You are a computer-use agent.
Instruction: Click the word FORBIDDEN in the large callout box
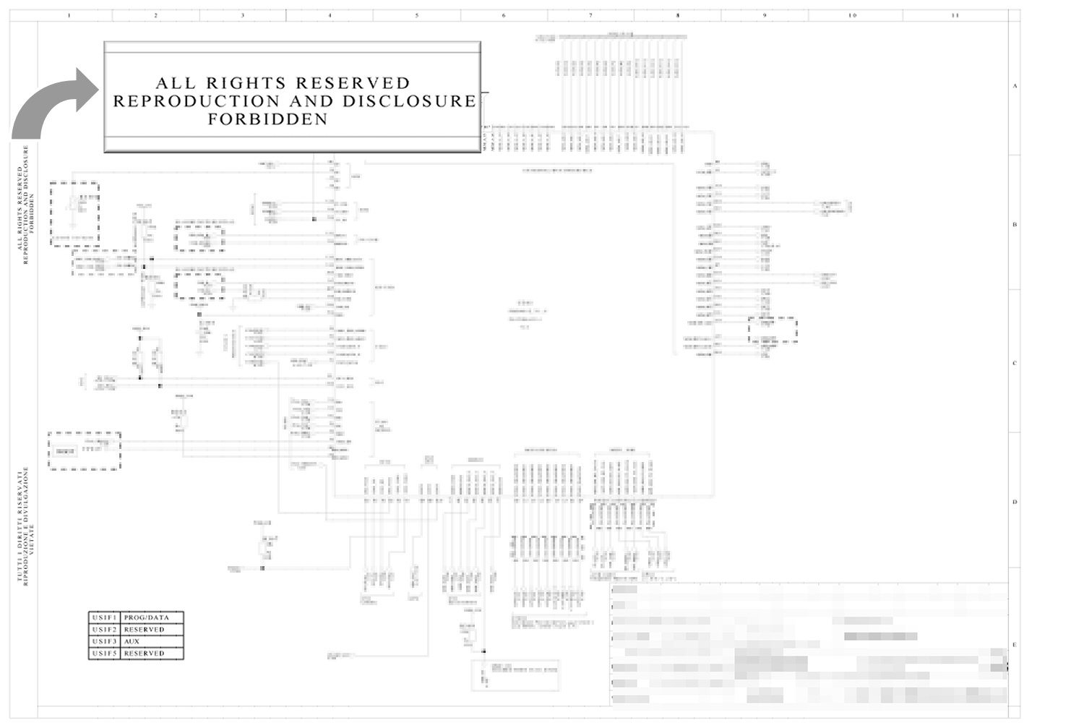pos(268,119)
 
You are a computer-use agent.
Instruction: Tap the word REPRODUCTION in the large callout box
pos(196,101)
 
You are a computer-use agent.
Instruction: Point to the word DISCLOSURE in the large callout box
pos(409,101)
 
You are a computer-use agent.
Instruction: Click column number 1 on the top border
pos(69,15)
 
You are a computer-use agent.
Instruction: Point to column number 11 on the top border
pos(955,15)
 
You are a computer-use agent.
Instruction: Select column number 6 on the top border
pos(504,15)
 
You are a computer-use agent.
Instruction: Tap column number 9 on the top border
pos(765,15)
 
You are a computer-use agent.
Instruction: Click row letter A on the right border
pos(1015,86)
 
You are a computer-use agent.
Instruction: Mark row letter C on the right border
pos(1015,363)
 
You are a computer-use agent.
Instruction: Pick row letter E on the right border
pos(1015,645)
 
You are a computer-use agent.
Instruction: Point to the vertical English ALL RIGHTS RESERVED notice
pos(26,205)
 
